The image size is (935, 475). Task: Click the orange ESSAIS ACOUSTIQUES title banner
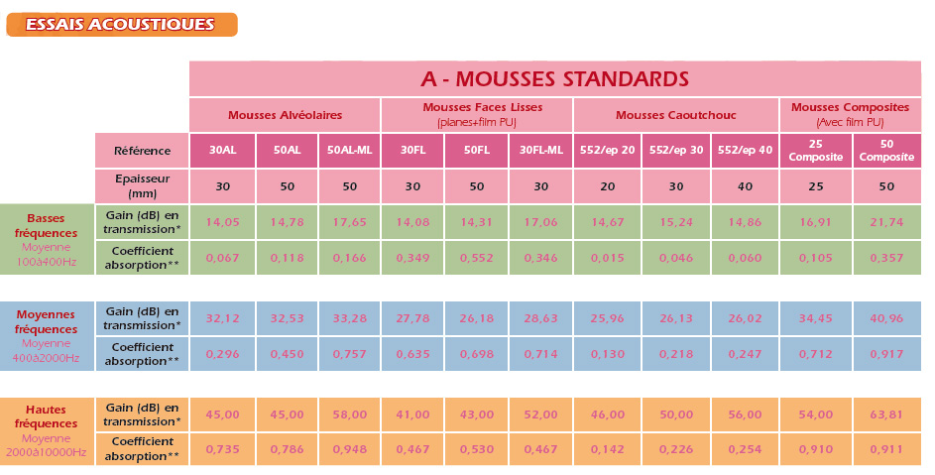click(x=121, y=24)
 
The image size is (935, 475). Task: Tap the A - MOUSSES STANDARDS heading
click(x=554, y=78)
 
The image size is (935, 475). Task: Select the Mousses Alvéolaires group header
click(x=285, y=114)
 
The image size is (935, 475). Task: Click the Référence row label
click(x=142, y=151)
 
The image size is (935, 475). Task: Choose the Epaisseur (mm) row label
click(x=142, y=186)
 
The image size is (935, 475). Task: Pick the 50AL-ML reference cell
click(x=349, y=151)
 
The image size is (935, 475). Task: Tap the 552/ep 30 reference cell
click(x=676, y=151)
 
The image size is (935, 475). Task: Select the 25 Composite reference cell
click(x=813, y=151)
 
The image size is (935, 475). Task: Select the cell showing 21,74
click(x=886, y=222)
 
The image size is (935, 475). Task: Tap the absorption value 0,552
click(x=477, y=258)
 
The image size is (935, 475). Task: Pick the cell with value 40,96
click(x=886, y=318)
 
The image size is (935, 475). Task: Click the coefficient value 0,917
click(x=886, y=354)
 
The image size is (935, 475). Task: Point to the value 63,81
click(x=886, y=415)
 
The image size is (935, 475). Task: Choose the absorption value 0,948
click(x=349, y=450)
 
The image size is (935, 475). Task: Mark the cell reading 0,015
click(x=607, y=258)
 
